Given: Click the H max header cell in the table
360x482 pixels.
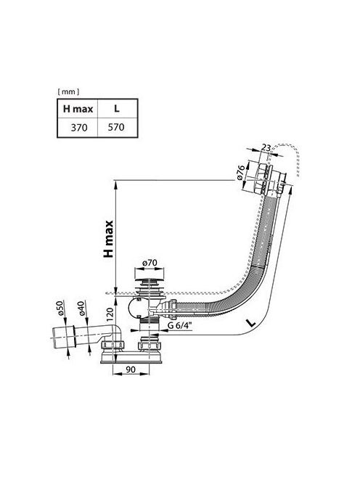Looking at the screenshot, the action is pyautogui.click(x=78, y=109).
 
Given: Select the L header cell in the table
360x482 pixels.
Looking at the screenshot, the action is pyautogui.click(x=117, y=109).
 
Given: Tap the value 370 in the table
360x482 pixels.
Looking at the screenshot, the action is pyautogui.click(x=79, y=127).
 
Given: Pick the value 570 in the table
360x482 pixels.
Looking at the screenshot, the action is pyautogui.click(x=116, y=127).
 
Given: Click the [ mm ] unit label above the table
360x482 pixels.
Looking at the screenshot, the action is pyautogui.click(x=68, y=91).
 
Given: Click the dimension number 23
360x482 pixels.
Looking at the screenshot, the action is pyautogui.click(x=266, y=148).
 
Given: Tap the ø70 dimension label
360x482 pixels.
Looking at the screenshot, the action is pyautogui.click(x=150, y=263).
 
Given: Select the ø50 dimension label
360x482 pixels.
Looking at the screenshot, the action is pyautogui.click(x=60, y=308).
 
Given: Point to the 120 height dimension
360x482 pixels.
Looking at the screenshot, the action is pyautogui.click(x=110, y=313).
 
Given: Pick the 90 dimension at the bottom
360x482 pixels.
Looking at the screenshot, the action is pyautogui.click(x=131, y=369).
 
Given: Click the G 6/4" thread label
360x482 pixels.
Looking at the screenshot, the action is pyautogui.click(x=179, y=326).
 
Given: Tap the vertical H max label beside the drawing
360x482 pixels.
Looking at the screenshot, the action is pyautogui.click(x=109, y=239).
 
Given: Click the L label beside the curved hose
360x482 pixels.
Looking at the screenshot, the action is pyautogui.click(x=251, y=322).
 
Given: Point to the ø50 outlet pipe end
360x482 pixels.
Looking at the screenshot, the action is pyautogui.click(x=63, y=338).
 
